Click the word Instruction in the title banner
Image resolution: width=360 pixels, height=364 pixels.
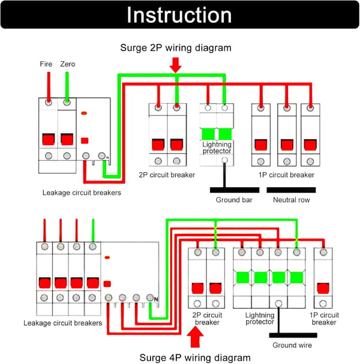[179, 15]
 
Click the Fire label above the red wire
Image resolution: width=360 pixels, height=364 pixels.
[46, 64]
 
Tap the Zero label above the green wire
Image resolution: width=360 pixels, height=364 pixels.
[68, 64]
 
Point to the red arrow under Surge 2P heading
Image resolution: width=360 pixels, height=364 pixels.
[176, 65]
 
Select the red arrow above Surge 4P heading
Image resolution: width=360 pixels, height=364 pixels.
[195, 336]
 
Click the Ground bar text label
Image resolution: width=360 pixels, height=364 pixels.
[234, 200]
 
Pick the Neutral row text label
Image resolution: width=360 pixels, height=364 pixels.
[291, 200]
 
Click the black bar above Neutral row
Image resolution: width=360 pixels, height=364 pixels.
[291, 190]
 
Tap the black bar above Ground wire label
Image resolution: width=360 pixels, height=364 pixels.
[293, 335]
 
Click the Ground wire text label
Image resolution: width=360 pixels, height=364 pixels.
[292, 345]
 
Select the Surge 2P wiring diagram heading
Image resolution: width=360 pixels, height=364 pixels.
[176, 48]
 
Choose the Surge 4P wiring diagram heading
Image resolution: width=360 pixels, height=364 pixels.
[195, 358]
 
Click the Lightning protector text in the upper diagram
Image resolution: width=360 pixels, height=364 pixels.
[217, 148]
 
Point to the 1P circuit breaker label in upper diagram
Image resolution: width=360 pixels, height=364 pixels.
[286, 175]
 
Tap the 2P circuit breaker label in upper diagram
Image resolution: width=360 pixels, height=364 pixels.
[167, 175]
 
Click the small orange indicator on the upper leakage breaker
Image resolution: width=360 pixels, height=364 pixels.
[84, 113]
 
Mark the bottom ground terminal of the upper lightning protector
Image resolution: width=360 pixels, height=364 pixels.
[224, 160]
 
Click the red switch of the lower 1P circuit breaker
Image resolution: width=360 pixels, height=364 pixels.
[323, 288]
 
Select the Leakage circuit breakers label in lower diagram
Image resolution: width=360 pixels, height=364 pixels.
[63, 323]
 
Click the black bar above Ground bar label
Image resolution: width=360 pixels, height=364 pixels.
[235, 190]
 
